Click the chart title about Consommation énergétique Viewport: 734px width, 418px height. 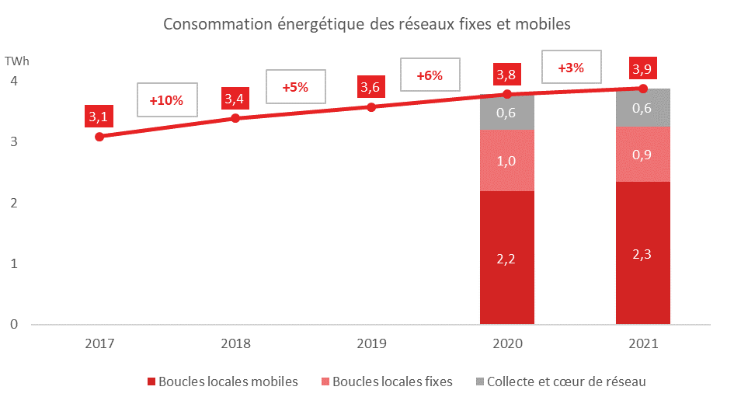tap(367, 24)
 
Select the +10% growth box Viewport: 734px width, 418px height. tap(166, 100)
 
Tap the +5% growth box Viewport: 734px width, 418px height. tap(295, 87)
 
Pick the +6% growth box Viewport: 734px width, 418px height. tap(429, 75)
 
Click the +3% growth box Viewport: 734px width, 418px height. tap(571, 68)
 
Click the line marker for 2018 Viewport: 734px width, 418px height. tap(235, 118)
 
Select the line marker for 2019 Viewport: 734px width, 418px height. tap(371, 106)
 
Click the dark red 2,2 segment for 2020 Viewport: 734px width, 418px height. tap(507, 257)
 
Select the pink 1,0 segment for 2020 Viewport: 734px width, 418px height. tap(507, 161)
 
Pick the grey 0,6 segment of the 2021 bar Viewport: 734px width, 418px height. tap(643, 108)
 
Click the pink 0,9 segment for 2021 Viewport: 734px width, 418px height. tap(643, 155)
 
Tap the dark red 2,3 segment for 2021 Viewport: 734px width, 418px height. tap(643, 253)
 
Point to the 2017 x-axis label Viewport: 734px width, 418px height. tap(99, 343)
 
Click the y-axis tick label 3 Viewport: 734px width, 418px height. tap(14, 142)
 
